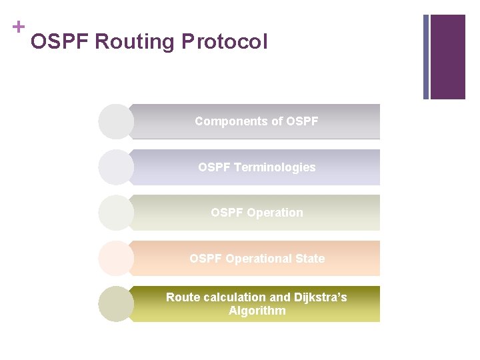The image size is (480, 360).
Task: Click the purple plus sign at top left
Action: coord(18,27)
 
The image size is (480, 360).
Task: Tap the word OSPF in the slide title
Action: coord(60,42)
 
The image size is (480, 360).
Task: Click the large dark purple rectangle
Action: coord(448,57)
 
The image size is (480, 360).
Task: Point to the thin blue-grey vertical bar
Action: coord(426,57)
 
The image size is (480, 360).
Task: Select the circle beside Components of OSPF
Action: coord(116,121)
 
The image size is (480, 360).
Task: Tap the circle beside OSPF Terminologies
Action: coord(116,167)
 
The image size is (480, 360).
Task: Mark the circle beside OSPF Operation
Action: coord(116,213)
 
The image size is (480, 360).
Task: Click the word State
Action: coord(310,259)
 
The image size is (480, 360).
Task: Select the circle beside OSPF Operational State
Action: coord(116,259)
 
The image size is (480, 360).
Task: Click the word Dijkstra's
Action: coord(316,297)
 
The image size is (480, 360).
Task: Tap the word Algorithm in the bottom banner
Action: coord(257,311)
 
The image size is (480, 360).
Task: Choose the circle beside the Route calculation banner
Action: coord(116,304)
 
